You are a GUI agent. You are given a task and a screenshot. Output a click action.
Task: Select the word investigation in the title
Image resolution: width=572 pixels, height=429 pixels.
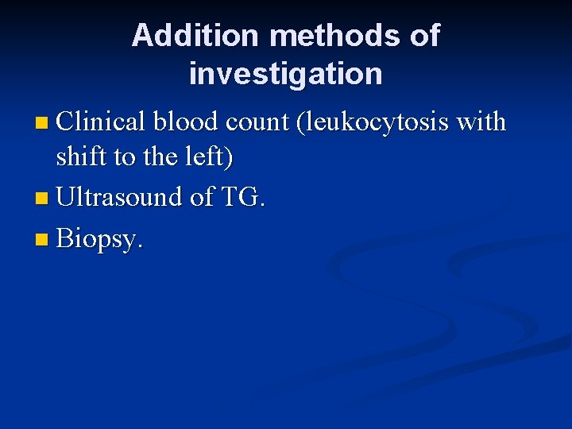[x=286, y=74]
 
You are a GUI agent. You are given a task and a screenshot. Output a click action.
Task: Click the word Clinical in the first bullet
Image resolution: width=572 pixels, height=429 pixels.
[x=100, y=122]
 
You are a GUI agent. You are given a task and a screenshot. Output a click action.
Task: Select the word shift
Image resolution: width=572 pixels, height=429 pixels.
[x=82, y=157]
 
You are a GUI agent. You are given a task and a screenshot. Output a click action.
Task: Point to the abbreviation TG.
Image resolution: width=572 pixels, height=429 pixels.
[x=242, y=196]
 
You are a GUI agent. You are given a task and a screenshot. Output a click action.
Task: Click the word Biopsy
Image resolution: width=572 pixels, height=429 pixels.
[x=100, y=238]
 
